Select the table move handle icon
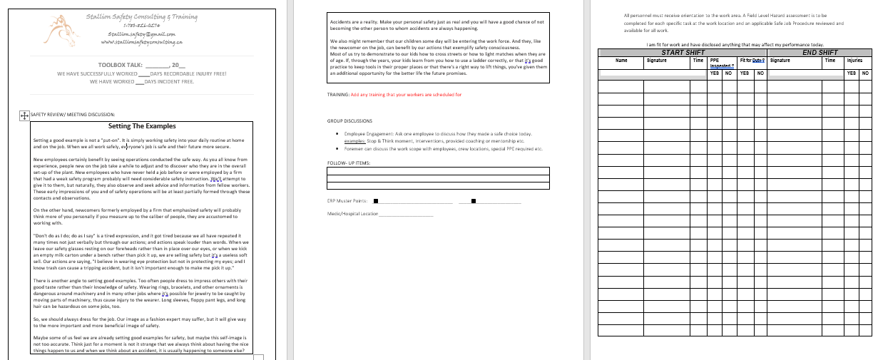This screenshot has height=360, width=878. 24,114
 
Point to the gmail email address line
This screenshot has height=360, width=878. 141,34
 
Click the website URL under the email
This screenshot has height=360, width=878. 141,42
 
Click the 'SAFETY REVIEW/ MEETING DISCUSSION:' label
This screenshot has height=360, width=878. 73,114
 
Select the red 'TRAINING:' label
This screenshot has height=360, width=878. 338,94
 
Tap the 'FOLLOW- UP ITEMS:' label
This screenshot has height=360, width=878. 349,163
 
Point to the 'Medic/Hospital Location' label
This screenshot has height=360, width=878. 352,214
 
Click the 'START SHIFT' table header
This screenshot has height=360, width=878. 683,53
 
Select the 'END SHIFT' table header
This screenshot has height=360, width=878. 820,53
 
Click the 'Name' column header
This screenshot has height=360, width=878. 621,61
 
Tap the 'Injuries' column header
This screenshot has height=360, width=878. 854,61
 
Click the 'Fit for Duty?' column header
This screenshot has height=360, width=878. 752,61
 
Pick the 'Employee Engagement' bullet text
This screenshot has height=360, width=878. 371,134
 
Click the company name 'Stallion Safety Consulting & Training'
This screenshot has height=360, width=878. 141,16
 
